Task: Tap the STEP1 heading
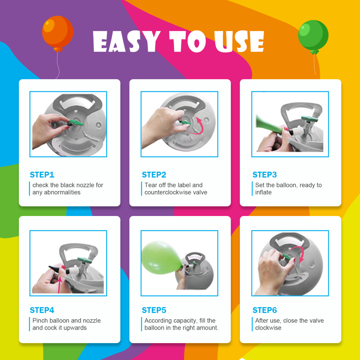[42, 175]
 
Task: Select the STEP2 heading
[154, 175]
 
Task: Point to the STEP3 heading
[265, 175]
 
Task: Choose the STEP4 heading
[42, 310]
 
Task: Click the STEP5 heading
[154, 310]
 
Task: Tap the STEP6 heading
[265, 310]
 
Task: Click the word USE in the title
[239, 41]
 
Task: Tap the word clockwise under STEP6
[268, 328]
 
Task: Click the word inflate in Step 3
[264, 192]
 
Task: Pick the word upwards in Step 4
[75, 328]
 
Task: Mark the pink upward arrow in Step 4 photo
[60, 285]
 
